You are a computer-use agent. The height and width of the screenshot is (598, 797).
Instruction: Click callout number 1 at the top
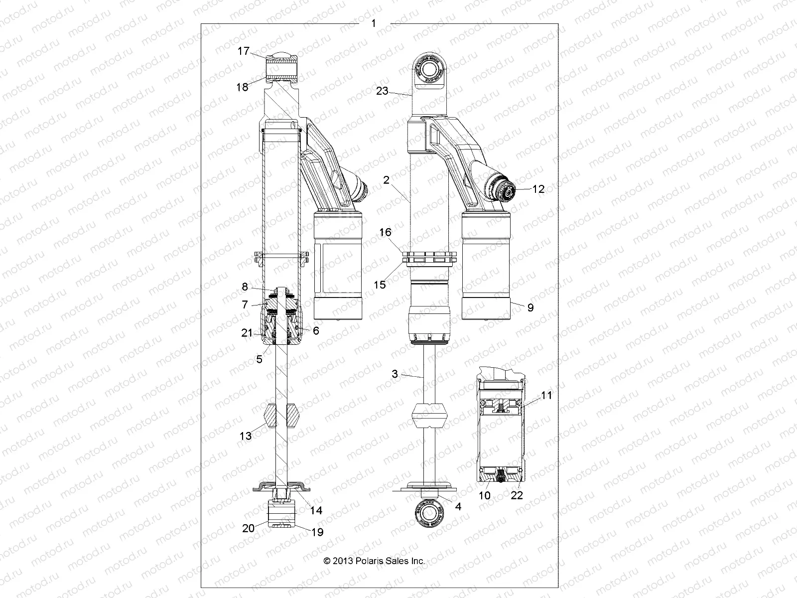click(x=374, y=23)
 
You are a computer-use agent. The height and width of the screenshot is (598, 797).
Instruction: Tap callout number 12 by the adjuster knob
click(x=538, y=189)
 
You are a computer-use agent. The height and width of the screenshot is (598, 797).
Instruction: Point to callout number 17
click(x=243, y=51)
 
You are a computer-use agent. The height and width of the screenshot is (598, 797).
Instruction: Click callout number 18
click(x=242, y=87)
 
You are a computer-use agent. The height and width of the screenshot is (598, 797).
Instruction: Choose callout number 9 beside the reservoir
click(x=530, y=307)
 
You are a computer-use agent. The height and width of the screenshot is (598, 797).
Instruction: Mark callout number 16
click(x=385, y=232)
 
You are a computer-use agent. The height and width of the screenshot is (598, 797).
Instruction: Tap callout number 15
click(x=380, y=285)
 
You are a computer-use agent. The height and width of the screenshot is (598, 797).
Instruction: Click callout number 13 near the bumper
click(x=246, y=436)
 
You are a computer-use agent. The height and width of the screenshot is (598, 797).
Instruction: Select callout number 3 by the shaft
click(x=395, y=374)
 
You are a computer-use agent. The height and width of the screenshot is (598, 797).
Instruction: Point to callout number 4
click(x=458, y=507)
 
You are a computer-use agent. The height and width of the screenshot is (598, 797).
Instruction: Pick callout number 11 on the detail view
click(x=546, y=396)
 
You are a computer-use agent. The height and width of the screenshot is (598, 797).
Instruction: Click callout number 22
click(x=517, y=496)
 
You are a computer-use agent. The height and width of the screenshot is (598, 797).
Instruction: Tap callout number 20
click(x=248, y=528)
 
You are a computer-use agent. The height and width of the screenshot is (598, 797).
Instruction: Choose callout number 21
click(x=247, y=333)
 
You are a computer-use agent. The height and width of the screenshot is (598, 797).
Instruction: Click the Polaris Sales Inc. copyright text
click(x=374, y=561)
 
